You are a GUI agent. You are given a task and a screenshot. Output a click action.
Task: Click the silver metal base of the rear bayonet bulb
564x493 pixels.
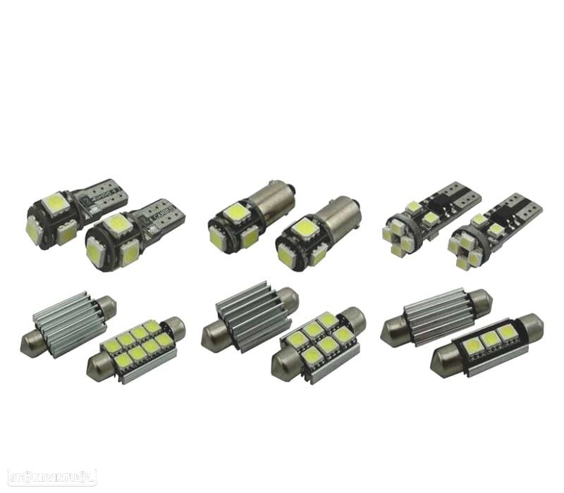(271, 196)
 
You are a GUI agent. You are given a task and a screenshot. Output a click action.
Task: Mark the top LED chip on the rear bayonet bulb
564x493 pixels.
(233, 212)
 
